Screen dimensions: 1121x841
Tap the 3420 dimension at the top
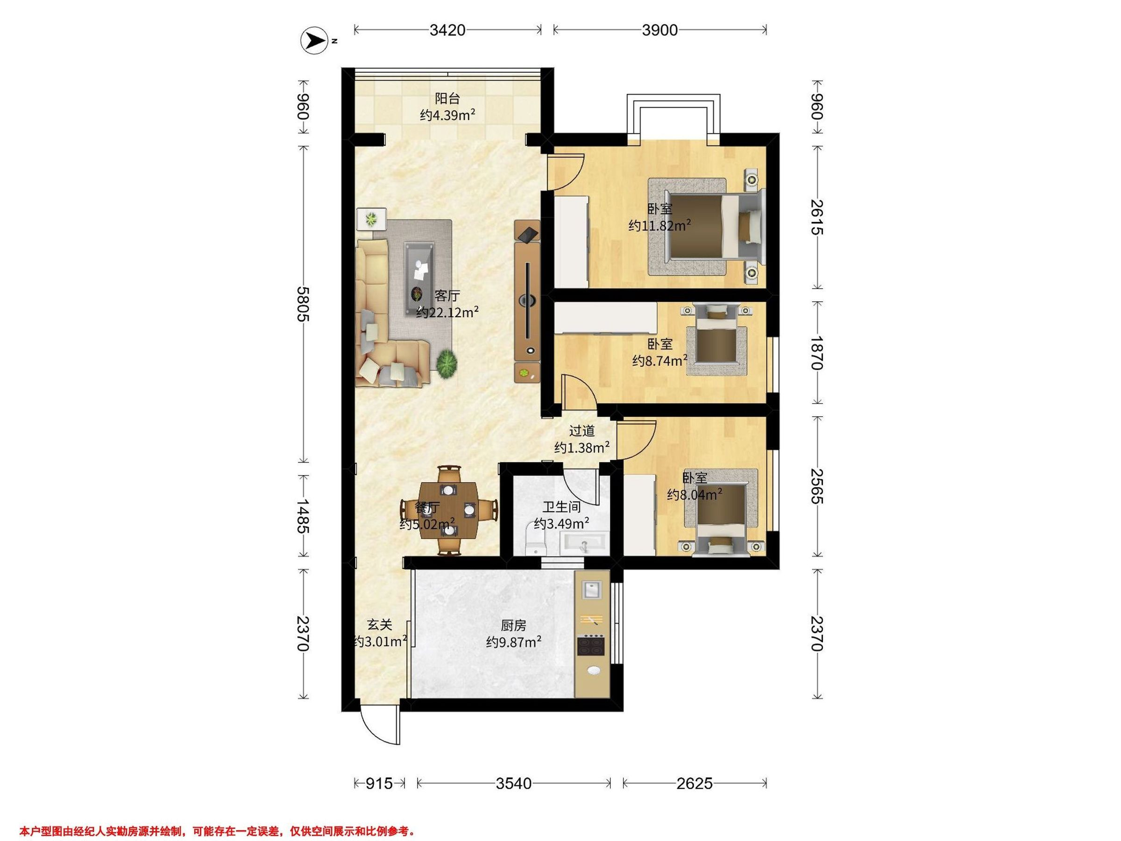[x=447, y=30]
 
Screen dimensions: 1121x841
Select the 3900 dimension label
[x=660, y=30]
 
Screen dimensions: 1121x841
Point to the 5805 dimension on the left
[x=303, y=304]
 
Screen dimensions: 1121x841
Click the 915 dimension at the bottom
[x=379, y=784]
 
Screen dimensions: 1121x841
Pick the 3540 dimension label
[x=513, y=784]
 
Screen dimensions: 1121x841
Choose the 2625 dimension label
[x=694, y=784]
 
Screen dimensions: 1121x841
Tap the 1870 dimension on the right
[x=817, y=353]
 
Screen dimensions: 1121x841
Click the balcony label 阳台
[x=447, y=98]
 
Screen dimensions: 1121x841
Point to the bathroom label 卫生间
[x=561, y=506]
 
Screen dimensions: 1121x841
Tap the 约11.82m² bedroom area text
[x=660, y=225]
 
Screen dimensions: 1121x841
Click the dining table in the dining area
[x=448, y=511]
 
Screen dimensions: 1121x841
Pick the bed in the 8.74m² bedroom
[x=717, y=335]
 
